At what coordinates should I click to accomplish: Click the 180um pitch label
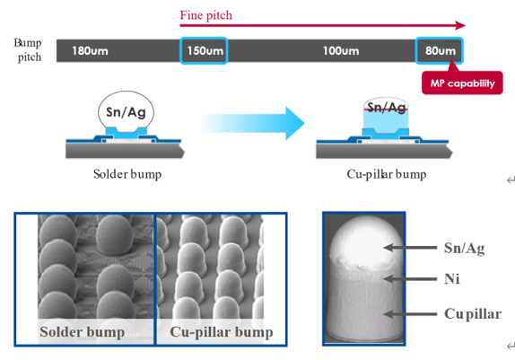(90, 51)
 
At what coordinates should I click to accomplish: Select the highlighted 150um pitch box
(204, 50)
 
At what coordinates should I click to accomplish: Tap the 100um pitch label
(341, 51)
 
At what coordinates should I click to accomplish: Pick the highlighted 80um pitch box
(440, 50)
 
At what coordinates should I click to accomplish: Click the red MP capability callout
(462, 83)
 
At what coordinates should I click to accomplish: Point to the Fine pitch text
(206, 15)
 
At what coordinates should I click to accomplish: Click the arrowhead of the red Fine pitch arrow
(460, 25)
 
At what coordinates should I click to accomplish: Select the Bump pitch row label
(28, 49)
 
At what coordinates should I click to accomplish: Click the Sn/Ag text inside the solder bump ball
(126, 112)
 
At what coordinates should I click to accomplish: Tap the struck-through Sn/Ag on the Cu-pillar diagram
(386, 108)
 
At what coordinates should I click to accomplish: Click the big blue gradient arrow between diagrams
(252, 123)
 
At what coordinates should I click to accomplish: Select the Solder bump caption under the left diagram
(127, 174)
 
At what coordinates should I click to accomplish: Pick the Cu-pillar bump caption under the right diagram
(387, 174)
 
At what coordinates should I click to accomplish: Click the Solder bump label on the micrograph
(83, 332)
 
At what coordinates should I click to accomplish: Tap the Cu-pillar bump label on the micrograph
(221, 332)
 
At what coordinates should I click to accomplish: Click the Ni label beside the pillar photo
(451, 279)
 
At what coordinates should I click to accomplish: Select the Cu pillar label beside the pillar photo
(473, 313)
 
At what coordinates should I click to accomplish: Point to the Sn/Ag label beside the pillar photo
(464, 248)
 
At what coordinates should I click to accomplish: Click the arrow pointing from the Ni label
(410, 279)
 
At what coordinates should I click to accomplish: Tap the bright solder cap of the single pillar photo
(365, 241)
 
